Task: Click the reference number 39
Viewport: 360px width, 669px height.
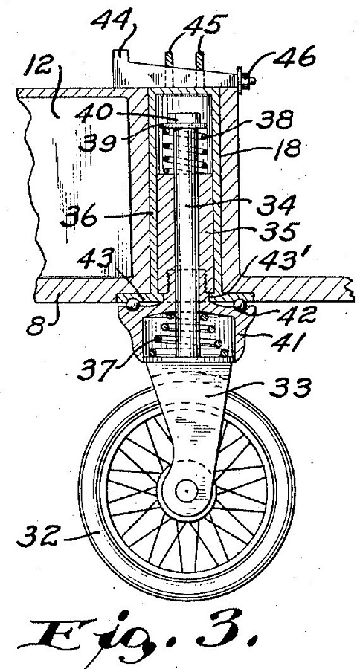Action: [97, 142]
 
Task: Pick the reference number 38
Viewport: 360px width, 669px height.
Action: [274, 120]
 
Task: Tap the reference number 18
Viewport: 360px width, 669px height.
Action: [287, 149]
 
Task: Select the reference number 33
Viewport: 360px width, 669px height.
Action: [290, 389]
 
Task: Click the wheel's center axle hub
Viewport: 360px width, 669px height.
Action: [187, 491]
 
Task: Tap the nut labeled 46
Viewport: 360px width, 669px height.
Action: [247, 80]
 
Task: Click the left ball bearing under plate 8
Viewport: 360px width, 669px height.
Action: [134, 305]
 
